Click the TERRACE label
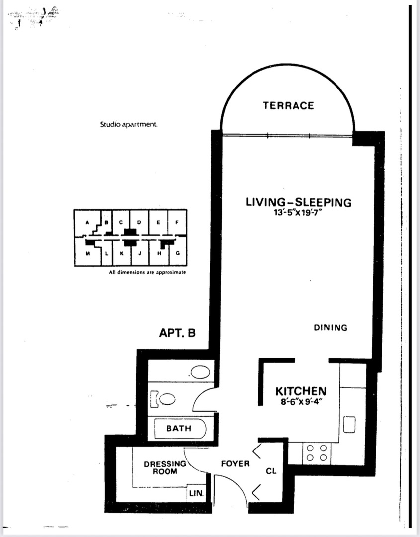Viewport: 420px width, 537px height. pos(288,105)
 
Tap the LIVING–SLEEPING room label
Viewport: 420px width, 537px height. pos(299,202)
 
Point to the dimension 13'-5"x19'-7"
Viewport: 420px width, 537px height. pos(299,213)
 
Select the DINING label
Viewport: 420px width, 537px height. pos(331,328)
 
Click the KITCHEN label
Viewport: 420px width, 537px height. pos(301,391)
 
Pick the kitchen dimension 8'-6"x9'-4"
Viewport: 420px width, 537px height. pos(301,401)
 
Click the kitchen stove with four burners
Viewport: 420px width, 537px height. pos(317,453)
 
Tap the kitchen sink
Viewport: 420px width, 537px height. pos(349,424)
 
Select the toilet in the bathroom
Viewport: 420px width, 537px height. pos(163,399)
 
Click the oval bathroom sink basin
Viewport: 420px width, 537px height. pos(200,372)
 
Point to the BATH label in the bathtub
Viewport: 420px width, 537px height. pos(178,428)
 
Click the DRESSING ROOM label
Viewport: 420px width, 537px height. pos(165,468)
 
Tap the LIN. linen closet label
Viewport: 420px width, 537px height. pos(196,494)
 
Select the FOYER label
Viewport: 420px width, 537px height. pos(235,464)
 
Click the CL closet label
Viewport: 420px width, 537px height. pos(271,471)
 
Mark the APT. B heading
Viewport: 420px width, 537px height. pos(177,333)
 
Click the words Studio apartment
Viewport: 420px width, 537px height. pos(129,124)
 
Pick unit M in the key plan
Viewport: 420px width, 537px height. pos(88,253)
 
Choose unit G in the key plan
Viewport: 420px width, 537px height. pos(178,253)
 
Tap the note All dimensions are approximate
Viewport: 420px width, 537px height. pos(148,272)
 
